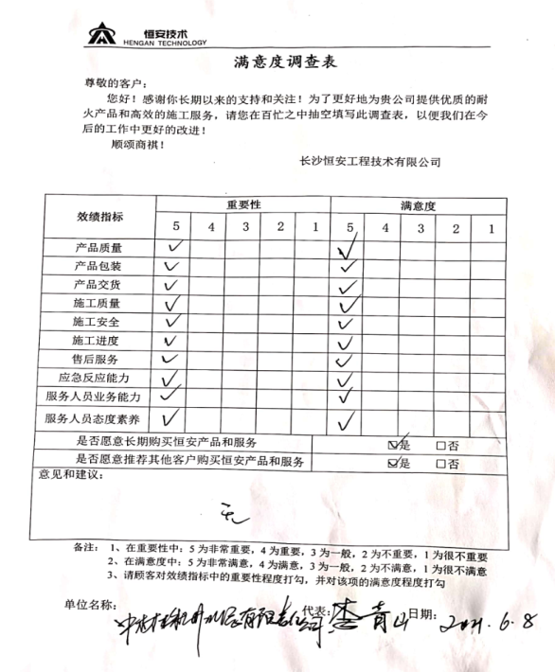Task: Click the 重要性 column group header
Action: [x=243, y=205]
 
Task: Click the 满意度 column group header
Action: [x=418, y=205]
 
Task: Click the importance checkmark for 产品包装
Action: [x=171, y=267]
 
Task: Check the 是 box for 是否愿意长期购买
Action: [x=393, y=445]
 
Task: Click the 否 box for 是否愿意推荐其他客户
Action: [x=440, y=464]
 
